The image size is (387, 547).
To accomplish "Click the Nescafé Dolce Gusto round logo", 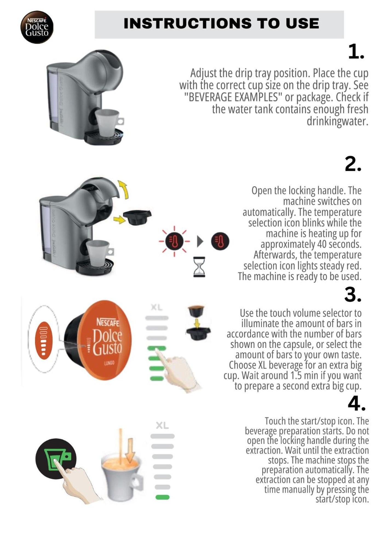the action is coord(37,27).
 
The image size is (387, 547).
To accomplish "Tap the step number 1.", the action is coord(356,51).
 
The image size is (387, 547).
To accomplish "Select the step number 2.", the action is coord(353,164).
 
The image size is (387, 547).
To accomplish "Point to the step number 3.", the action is coord(353,295).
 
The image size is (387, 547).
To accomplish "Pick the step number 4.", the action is coord(357,403).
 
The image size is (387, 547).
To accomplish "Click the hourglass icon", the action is coord(199,267).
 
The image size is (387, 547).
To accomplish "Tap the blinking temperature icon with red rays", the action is coord(174,241).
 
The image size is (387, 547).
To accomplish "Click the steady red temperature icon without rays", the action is coord(220,241).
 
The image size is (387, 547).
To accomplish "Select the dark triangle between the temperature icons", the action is coord(200,241).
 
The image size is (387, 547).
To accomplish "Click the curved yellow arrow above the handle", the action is coord(123,189).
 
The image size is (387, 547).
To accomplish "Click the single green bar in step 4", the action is coord(163,497).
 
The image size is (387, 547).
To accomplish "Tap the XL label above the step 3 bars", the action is coord(157,307).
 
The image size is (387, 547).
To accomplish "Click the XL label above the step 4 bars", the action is coord(162,425).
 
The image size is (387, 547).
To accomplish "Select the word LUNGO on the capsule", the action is coord(109,363).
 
